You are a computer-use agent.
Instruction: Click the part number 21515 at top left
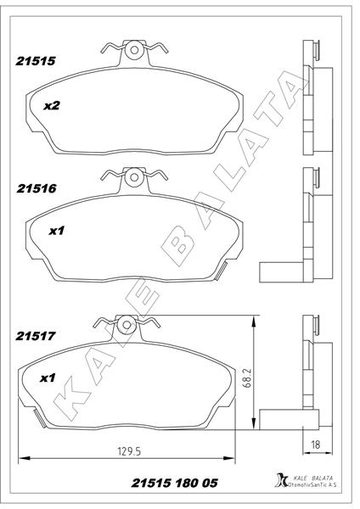[35, 61]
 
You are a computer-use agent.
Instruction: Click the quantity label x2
[51, 107]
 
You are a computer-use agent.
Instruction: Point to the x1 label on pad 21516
[57, 230]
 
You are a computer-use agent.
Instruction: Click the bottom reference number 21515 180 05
[174, 483]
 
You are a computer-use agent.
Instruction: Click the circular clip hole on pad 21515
[133, 52]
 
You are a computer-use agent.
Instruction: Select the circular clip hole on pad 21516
[132, 178]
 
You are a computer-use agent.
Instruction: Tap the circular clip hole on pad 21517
[126, 323]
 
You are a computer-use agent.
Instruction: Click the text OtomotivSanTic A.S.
[315, 487]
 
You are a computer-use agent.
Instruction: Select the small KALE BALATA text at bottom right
[312, 478]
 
